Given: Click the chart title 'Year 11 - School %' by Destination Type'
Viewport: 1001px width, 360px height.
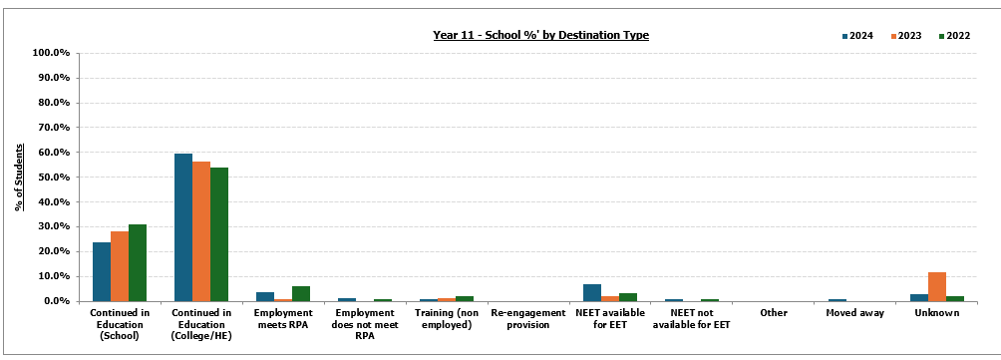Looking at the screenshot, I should click(x=540, y=35).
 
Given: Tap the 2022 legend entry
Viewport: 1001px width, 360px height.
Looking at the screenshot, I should click(x=951, y=36).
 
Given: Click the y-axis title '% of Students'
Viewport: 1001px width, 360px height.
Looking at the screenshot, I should click(x=19, y=177).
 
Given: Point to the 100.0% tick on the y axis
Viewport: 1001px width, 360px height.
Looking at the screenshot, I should click(x=50, y=53).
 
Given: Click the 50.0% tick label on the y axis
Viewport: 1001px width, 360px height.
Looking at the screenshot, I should click(x=50, y=178).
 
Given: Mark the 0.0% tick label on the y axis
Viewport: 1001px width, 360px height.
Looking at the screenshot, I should click(x=53, y=301).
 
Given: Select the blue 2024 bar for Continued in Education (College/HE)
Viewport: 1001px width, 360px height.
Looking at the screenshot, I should click(x=183, y=227).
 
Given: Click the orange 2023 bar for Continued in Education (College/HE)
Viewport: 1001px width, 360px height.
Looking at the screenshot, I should click(x=201, y=231).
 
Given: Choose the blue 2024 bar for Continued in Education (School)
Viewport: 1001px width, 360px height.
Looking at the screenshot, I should click(x=102, y=271).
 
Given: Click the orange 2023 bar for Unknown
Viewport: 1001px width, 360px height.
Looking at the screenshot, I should click(x=937, y=286).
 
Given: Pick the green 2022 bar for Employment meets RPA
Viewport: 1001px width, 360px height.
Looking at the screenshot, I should click(x=301, y=293).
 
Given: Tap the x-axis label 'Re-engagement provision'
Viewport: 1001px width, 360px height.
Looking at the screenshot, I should click(x=527, y=318).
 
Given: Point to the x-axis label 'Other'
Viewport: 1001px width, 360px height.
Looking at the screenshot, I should click(x=773, y=313).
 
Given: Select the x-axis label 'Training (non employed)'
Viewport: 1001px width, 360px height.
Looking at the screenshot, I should click(x=446, y=318).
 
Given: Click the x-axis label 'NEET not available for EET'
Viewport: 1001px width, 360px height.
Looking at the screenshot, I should click(x=691, y=318).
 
